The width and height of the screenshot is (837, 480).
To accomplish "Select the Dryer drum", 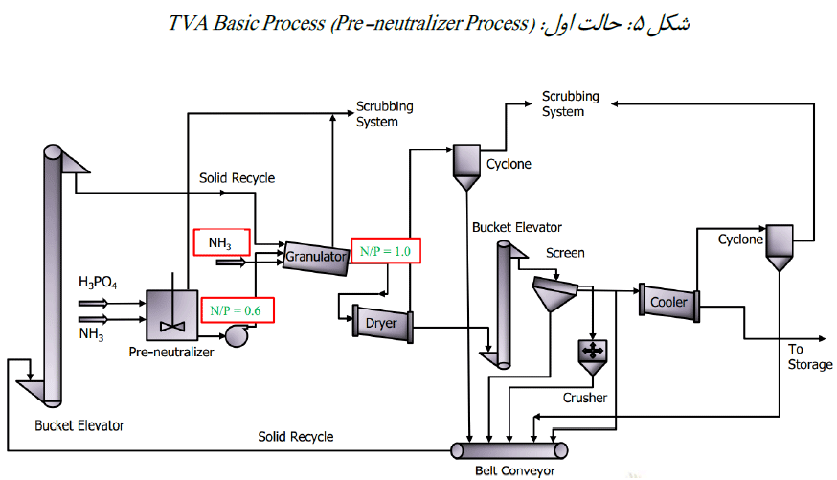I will point(381,323).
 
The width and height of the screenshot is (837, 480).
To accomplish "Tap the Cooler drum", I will point(668,302).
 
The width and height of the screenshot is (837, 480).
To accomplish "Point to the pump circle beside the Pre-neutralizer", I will point(233,335).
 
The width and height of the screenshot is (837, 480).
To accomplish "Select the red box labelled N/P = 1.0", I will point(386,251).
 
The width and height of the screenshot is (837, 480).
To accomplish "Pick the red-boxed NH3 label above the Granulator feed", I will point(220,243).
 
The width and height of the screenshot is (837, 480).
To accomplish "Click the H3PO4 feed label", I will point(100,283).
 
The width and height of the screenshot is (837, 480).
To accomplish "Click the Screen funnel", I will point(553,294).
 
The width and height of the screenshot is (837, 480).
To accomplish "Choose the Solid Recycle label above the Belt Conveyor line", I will point(296,437).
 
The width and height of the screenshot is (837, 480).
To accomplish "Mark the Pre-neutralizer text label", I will point(171,352).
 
